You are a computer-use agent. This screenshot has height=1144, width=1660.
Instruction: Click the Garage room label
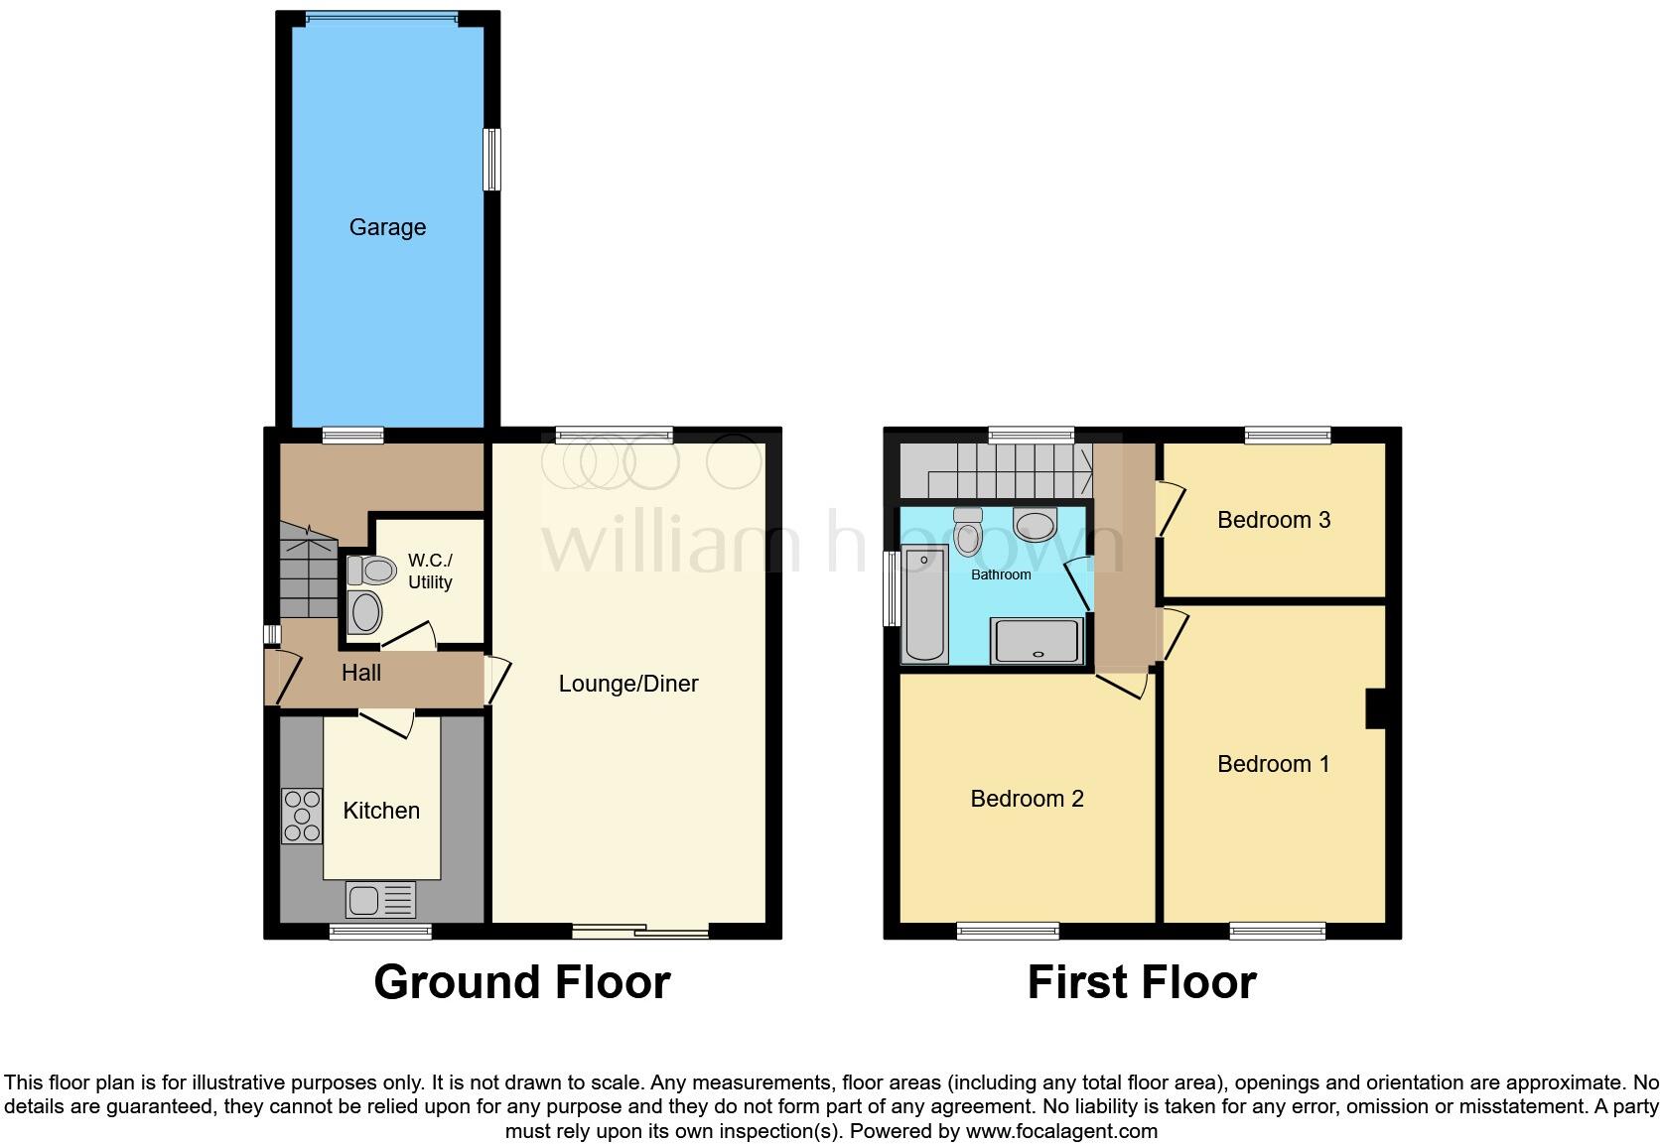pyautogui.click(x=387, y=227)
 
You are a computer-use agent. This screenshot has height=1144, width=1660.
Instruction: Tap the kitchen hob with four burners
pyautogui.click(x=303, y=816)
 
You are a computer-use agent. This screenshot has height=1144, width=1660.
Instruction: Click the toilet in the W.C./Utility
pyautogui.click(x=372, y=571)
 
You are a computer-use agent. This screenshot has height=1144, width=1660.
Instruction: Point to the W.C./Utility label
pyautogui.click(x=430, y=572)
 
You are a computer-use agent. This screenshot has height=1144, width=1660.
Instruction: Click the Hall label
pyautogui.click(x=361, y=673)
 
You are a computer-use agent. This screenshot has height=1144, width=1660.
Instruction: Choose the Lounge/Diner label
pyautogui.click(x=628, y=684)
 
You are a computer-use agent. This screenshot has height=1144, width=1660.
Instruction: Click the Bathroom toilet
pyautogui.click(x=967, y=532)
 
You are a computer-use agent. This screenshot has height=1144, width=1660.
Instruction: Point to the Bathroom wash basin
pyautogui.click(x=1036, y=525)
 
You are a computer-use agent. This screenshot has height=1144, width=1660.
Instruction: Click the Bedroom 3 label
pyautogui.click(x=1274, y=520)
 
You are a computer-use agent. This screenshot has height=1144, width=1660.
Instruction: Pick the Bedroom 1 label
pyautogui.click(x=1273, y=764)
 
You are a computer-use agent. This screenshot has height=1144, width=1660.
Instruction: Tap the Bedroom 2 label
pyautogui.click(x=1027, y=799)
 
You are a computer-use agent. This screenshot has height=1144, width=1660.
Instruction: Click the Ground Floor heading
pyautogui.click(x=522, y=982)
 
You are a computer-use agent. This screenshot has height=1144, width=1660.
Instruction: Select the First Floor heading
pyautogui.click(x=1142, y=982)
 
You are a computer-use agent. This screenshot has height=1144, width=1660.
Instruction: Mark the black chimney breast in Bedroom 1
pyautogui.click(x=1376, y=708)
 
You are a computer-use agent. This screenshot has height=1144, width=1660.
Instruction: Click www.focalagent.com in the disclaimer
pyautogui.click(x=1061, y=1131)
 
